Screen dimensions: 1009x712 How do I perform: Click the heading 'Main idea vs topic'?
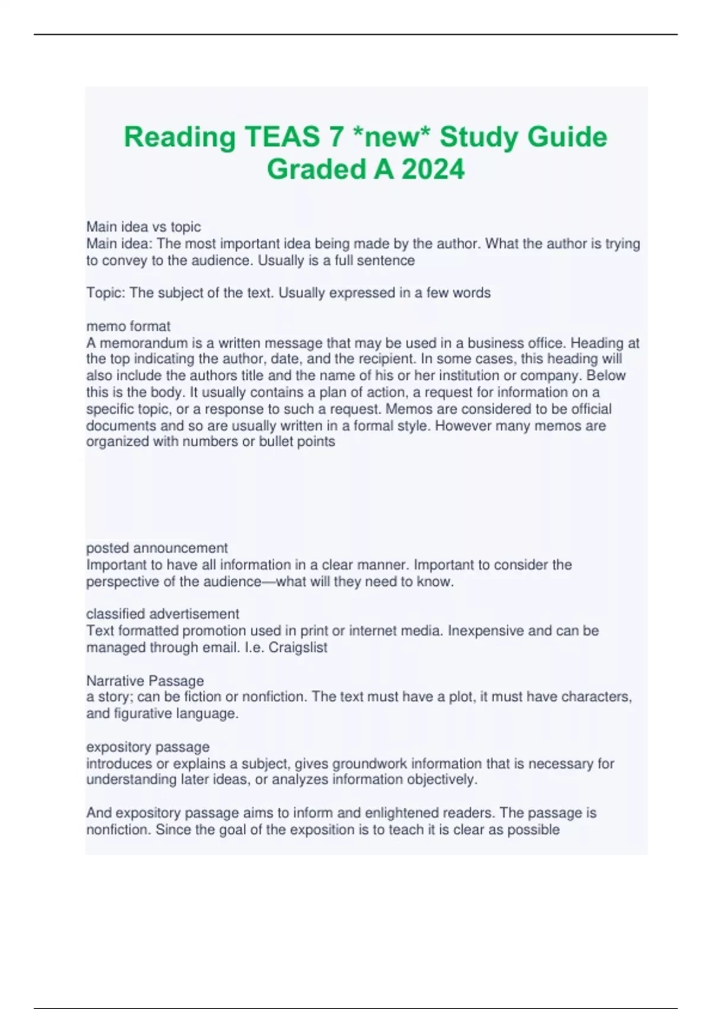[144, 227]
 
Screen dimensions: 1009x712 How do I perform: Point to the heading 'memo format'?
[128, 326]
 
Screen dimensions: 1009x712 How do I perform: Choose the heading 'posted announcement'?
[157, 548]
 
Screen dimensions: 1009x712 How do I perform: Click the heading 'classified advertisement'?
[163, 614]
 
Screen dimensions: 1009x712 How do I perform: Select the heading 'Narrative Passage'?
[145, 680]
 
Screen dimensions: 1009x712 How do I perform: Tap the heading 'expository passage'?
[148, 747]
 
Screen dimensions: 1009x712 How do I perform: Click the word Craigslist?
[298, 648]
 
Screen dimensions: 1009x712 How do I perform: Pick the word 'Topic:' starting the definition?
[106, 293]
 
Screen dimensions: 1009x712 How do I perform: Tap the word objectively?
[441, 779]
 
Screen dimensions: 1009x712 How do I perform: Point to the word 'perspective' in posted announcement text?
[122, 582]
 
